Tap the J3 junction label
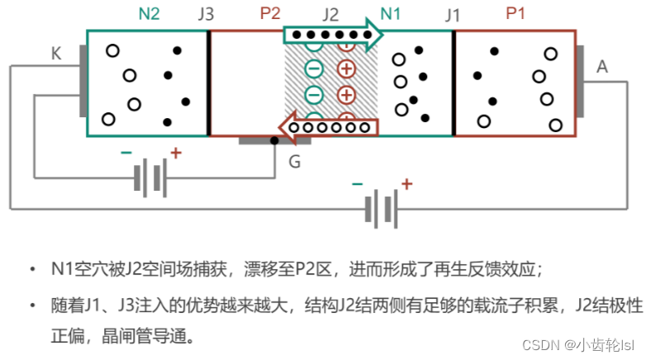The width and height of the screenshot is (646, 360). pyautogui.click(x=206, y=14)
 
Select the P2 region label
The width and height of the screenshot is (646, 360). pyautogui.click(x=270, y=13)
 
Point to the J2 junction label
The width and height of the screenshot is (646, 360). pyautogui.click(x=330, y=14)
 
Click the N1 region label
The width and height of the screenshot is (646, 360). pyautogui.click(x=390, y=13)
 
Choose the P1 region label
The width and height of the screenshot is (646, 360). pyautogui.click(x=515, y=13)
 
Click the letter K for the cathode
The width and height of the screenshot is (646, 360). pyautogui.click(x=56, y=54)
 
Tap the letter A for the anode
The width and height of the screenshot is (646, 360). pyautogui.click(x=601, y=67)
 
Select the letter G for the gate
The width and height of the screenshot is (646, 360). pyautogui.click(x=294, y=161)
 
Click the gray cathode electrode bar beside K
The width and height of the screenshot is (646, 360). pyautogui.click(x=83, y=80)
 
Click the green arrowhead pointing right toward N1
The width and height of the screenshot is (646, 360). pyautogui.click(x=377, y=36)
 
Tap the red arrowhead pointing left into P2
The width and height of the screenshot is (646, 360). pyautogui.click(x=286, y=127)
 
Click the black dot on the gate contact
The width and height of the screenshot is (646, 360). pyautogui.click(x=275, y=141)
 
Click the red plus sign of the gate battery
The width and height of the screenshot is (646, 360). pyautogui.click(x=175, y=153)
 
